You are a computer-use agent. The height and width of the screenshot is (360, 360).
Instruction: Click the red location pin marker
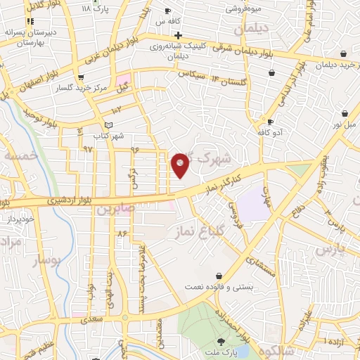181,165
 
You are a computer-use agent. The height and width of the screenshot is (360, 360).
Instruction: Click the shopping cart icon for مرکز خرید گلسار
82,77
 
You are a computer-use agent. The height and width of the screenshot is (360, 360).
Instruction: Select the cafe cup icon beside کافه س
167,11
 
